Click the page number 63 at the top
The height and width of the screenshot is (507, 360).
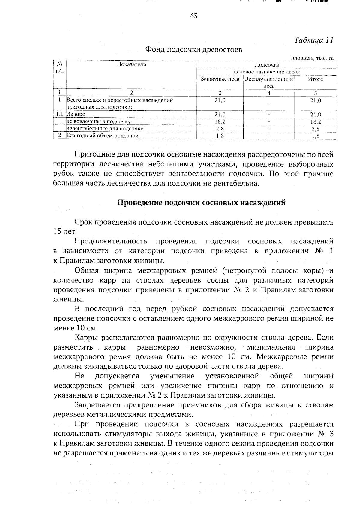(193, 16)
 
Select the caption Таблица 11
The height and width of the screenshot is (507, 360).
(314, 40)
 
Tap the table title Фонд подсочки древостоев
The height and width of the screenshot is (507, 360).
(193, 49)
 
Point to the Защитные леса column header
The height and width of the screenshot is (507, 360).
(220, 79)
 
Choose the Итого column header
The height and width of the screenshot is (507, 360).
(316, 79)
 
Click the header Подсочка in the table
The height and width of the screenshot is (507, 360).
(267, 65)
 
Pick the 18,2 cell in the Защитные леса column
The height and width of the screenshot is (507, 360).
(220, 121)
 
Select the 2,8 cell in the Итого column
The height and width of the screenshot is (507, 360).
(316, 129)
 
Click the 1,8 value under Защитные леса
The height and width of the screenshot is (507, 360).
(220, 136)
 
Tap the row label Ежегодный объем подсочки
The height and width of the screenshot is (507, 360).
(103, 136)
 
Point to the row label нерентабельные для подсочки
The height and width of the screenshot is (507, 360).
(105, 129)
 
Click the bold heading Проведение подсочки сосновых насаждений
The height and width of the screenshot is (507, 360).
(201, 203)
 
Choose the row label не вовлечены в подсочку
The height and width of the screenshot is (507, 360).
(99, 121)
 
